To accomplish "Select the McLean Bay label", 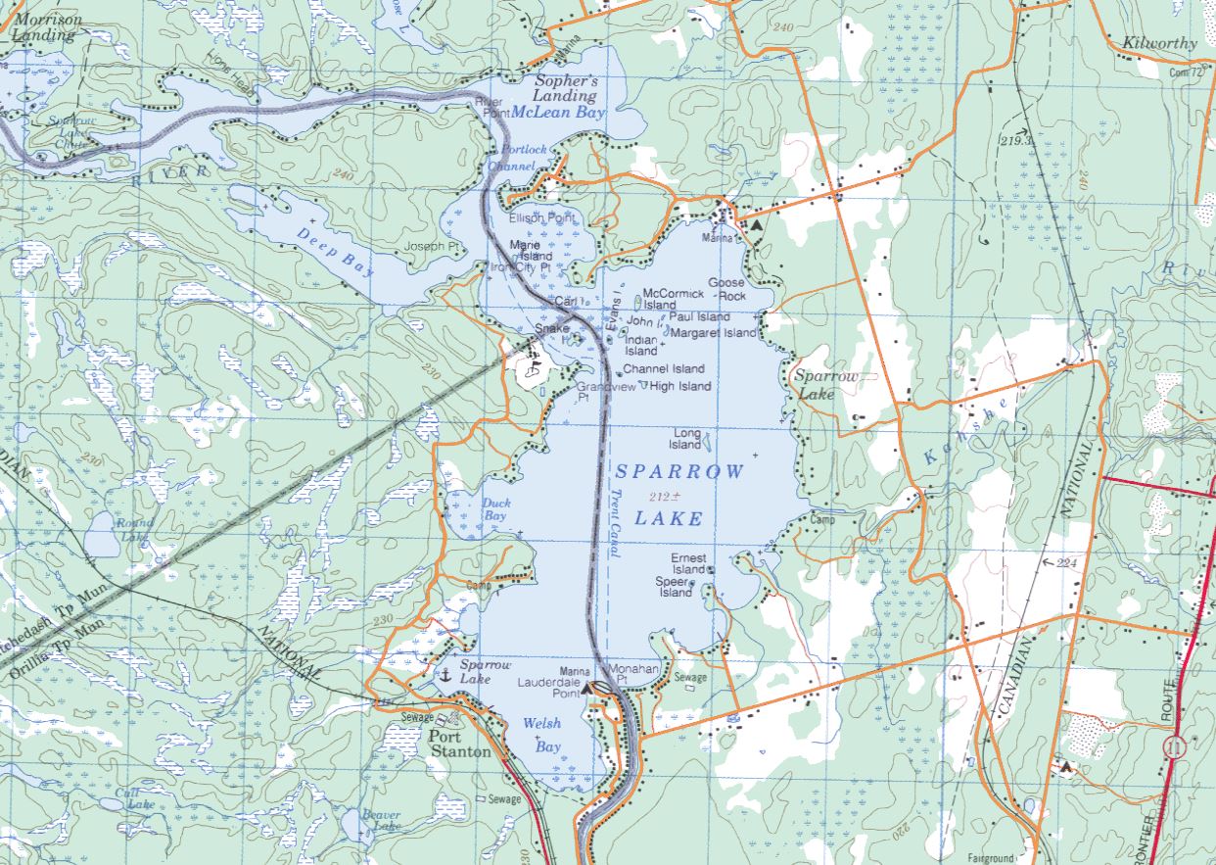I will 559,113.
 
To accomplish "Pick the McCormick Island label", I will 673,299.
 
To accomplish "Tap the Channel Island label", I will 664,369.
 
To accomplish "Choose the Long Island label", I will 685,439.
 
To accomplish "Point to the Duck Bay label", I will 494,509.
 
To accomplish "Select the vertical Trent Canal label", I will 615,523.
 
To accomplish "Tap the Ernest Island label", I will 688,563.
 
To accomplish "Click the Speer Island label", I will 675,587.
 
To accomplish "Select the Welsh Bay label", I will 541,734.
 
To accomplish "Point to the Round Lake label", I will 135,529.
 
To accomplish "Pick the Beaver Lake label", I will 380,820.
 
